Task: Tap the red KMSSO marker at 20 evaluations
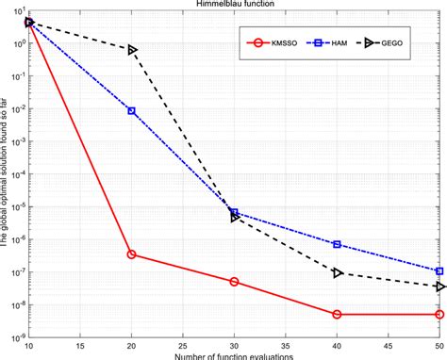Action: pyautogui.click(x=131, y=254)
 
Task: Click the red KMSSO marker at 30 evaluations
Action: pyautogui.click(x=234, y=282)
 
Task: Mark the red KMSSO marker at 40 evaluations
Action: pyautogui.click(x=337, y=314)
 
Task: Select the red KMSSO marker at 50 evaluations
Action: pyautogui.click(x=439, y=314)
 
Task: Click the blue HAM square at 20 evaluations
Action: pyautogui.click(x=131, y=110)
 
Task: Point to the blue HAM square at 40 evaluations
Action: pyautogui.click(x=337, y=244)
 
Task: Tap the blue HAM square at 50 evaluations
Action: pyautogui.click(x=439, y=271)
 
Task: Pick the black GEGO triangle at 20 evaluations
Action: pyautogui.click(x=132, y=50)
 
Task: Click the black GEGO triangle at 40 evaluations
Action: pyautogui.click(x=338, y=272)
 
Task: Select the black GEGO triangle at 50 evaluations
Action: pyautogui.click(x=439, y=286)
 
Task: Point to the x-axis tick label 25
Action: pyautogui.click(x=183, y=348)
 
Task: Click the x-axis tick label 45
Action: pyautogui.click(x=388, y=348)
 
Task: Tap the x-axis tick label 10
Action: pyautogui.click(x=29, y=348)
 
